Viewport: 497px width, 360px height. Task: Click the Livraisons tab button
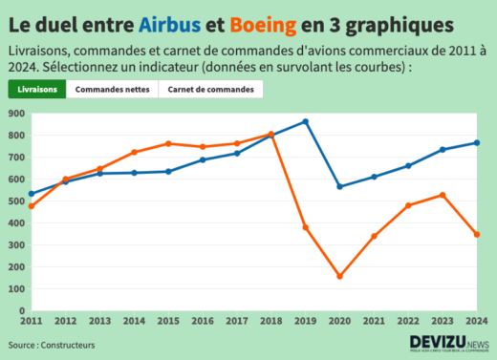click(x=37, y=90)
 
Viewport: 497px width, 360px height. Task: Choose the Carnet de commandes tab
click(x=210, y=90)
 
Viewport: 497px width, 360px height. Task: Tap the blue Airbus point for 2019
click(x=305, y=121)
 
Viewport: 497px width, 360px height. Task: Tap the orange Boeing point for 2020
click(x=339, y=276)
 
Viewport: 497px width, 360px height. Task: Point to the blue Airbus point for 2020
click(x=339, y=186)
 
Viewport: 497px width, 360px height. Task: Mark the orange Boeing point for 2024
click(x=477, y=234)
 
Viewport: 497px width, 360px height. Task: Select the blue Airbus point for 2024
click(x=477, y=143)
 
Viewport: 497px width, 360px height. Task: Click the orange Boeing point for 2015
click(x=168, y=143)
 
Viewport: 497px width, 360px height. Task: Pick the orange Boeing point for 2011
click(x=31, y=206)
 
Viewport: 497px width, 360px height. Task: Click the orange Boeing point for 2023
click(x=443, y=195)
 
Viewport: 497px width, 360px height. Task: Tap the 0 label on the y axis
click(x=19, y=310)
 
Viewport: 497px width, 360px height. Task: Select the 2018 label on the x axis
click(x=270, y=322)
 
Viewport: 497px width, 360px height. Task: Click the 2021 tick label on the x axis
click(x=374, y=322)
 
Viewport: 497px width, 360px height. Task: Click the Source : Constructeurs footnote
click(x=53, y=345)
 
